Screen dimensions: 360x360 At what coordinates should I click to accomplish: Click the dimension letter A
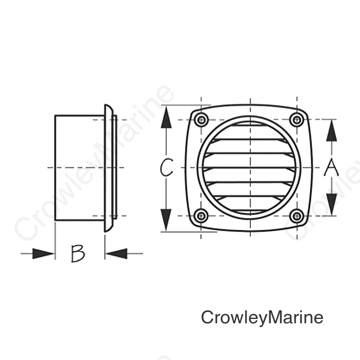click(x=331, y=167)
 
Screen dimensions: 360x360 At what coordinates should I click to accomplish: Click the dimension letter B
click(x=78, y=254)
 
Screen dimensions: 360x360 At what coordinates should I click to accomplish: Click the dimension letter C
click(x=166, y=167)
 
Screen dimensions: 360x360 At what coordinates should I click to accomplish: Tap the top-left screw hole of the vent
click(x=201, y=120)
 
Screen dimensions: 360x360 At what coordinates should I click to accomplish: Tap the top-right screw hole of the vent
click(x=297, y=120)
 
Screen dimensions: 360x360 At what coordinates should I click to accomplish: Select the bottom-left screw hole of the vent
click(x=201, y=216)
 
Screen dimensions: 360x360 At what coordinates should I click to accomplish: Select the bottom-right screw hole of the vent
click(x=297, y=216)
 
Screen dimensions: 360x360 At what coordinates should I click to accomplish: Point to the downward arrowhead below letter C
click(x=166, y=220)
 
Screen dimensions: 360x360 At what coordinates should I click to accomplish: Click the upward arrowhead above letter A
click(x=331, y=131)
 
